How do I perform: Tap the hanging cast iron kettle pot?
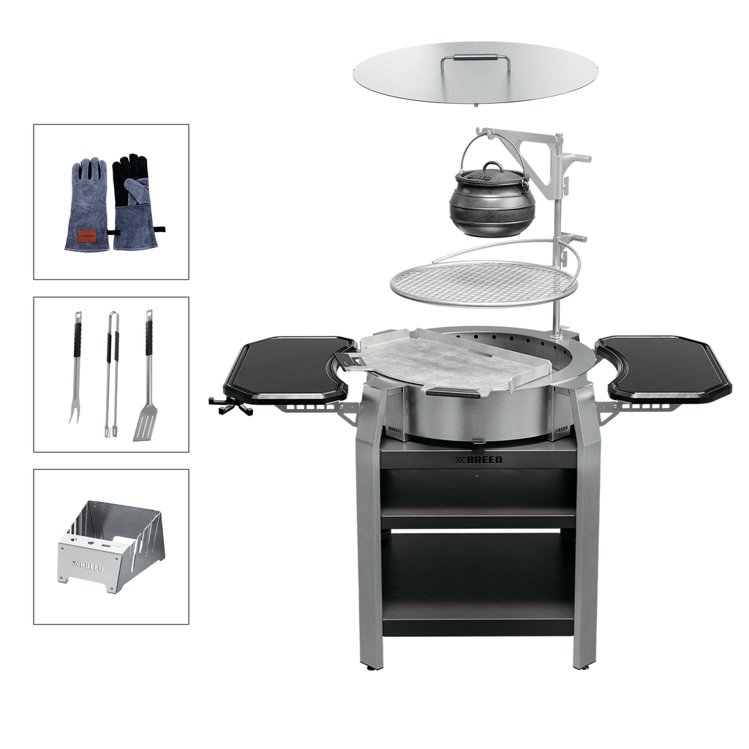(492, 200)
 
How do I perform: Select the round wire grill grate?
(483, 284)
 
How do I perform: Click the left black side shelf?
(290, 367)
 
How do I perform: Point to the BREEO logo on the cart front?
(478, 459)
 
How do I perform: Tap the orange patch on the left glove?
(86, 236)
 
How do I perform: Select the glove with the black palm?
(135, 202)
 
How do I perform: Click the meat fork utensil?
(75, 367)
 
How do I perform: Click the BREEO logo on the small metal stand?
(88, 567)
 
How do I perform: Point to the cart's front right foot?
(585, 667)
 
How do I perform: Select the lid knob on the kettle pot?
(492, 166)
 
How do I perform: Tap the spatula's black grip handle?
(149, 338)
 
